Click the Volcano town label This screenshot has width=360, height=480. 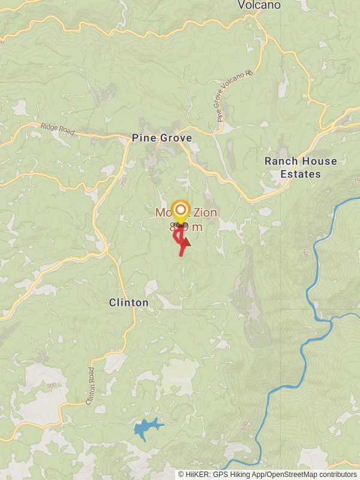coord(259,5)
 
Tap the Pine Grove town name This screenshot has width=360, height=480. coord(162,138)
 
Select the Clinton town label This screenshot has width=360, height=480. coord(129,302)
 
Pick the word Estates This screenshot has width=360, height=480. coord(301,174)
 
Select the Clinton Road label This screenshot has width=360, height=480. coord(91,386)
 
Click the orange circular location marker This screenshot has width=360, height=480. coord(180,211)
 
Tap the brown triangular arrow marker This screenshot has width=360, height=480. coord(185,241)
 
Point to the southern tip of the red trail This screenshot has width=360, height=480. coord(181,256)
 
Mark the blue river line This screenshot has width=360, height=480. coord(312,288)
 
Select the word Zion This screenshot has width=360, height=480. coord(204,212)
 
